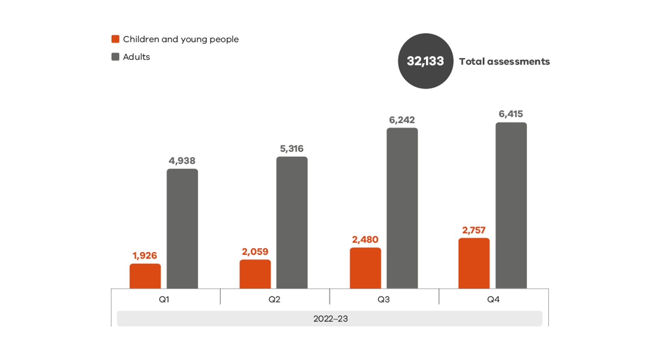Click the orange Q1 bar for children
pyautogui.click(x=145, y=276)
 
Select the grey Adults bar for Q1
pyautogui.click(x=182, y=229)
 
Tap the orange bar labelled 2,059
pyautogui.click(x=255, y=274)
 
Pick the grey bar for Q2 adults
pyautogui.click(x=292, y=223)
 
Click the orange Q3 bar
pyautogui.click(x=365, y=268)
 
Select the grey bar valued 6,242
pyautogui.click(x=402, y=208)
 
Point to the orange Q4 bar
pyautogui.click(x=474, y=263)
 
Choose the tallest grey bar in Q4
pyautogui.click(x=511, y=205)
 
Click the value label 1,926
pyautogui.click(x=145, y=256)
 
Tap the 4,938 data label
pyautogui.click(x=182, y=161)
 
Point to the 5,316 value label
pyautogui.click(x=292, y=149)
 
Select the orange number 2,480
pyautogui.click(x=365, y=240)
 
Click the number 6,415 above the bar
pyautogui.click(x=511, y=114)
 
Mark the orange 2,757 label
pyautogui.click(x=474, y=230)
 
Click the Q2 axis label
pyautogui.click(x=275, y=299)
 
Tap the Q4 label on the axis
pyautogui.click(x=493, y=299)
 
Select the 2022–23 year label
pyautogui.click(x=330, y=319)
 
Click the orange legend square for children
pyautogui.click(x=115, y=39)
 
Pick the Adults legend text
pyautogui.click(x=136, y=57)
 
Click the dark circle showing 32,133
pyautogui.click(x=425, y=61)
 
